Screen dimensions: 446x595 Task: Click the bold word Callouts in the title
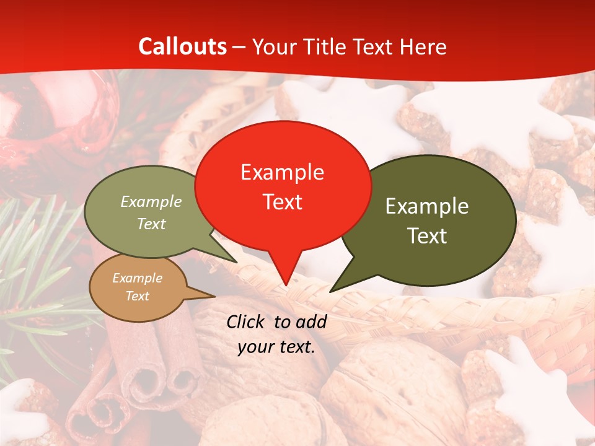pos(182,46)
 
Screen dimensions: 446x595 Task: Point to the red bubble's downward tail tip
pos(286,284)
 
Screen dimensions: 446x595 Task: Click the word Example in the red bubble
pos(282,172)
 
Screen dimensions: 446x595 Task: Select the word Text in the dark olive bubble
pos(427,236)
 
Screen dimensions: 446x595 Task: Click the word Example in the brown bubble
pos(137,278)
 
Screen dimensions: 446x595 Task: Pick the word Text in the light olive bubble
pos(151,224)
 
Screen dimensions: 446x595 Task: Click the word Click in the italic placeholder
pos(246,321)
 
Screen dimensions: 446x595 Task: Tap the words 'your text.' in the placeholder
pos(276,348)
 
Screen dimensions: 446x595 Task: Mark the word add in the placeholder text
pos(312,321)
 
